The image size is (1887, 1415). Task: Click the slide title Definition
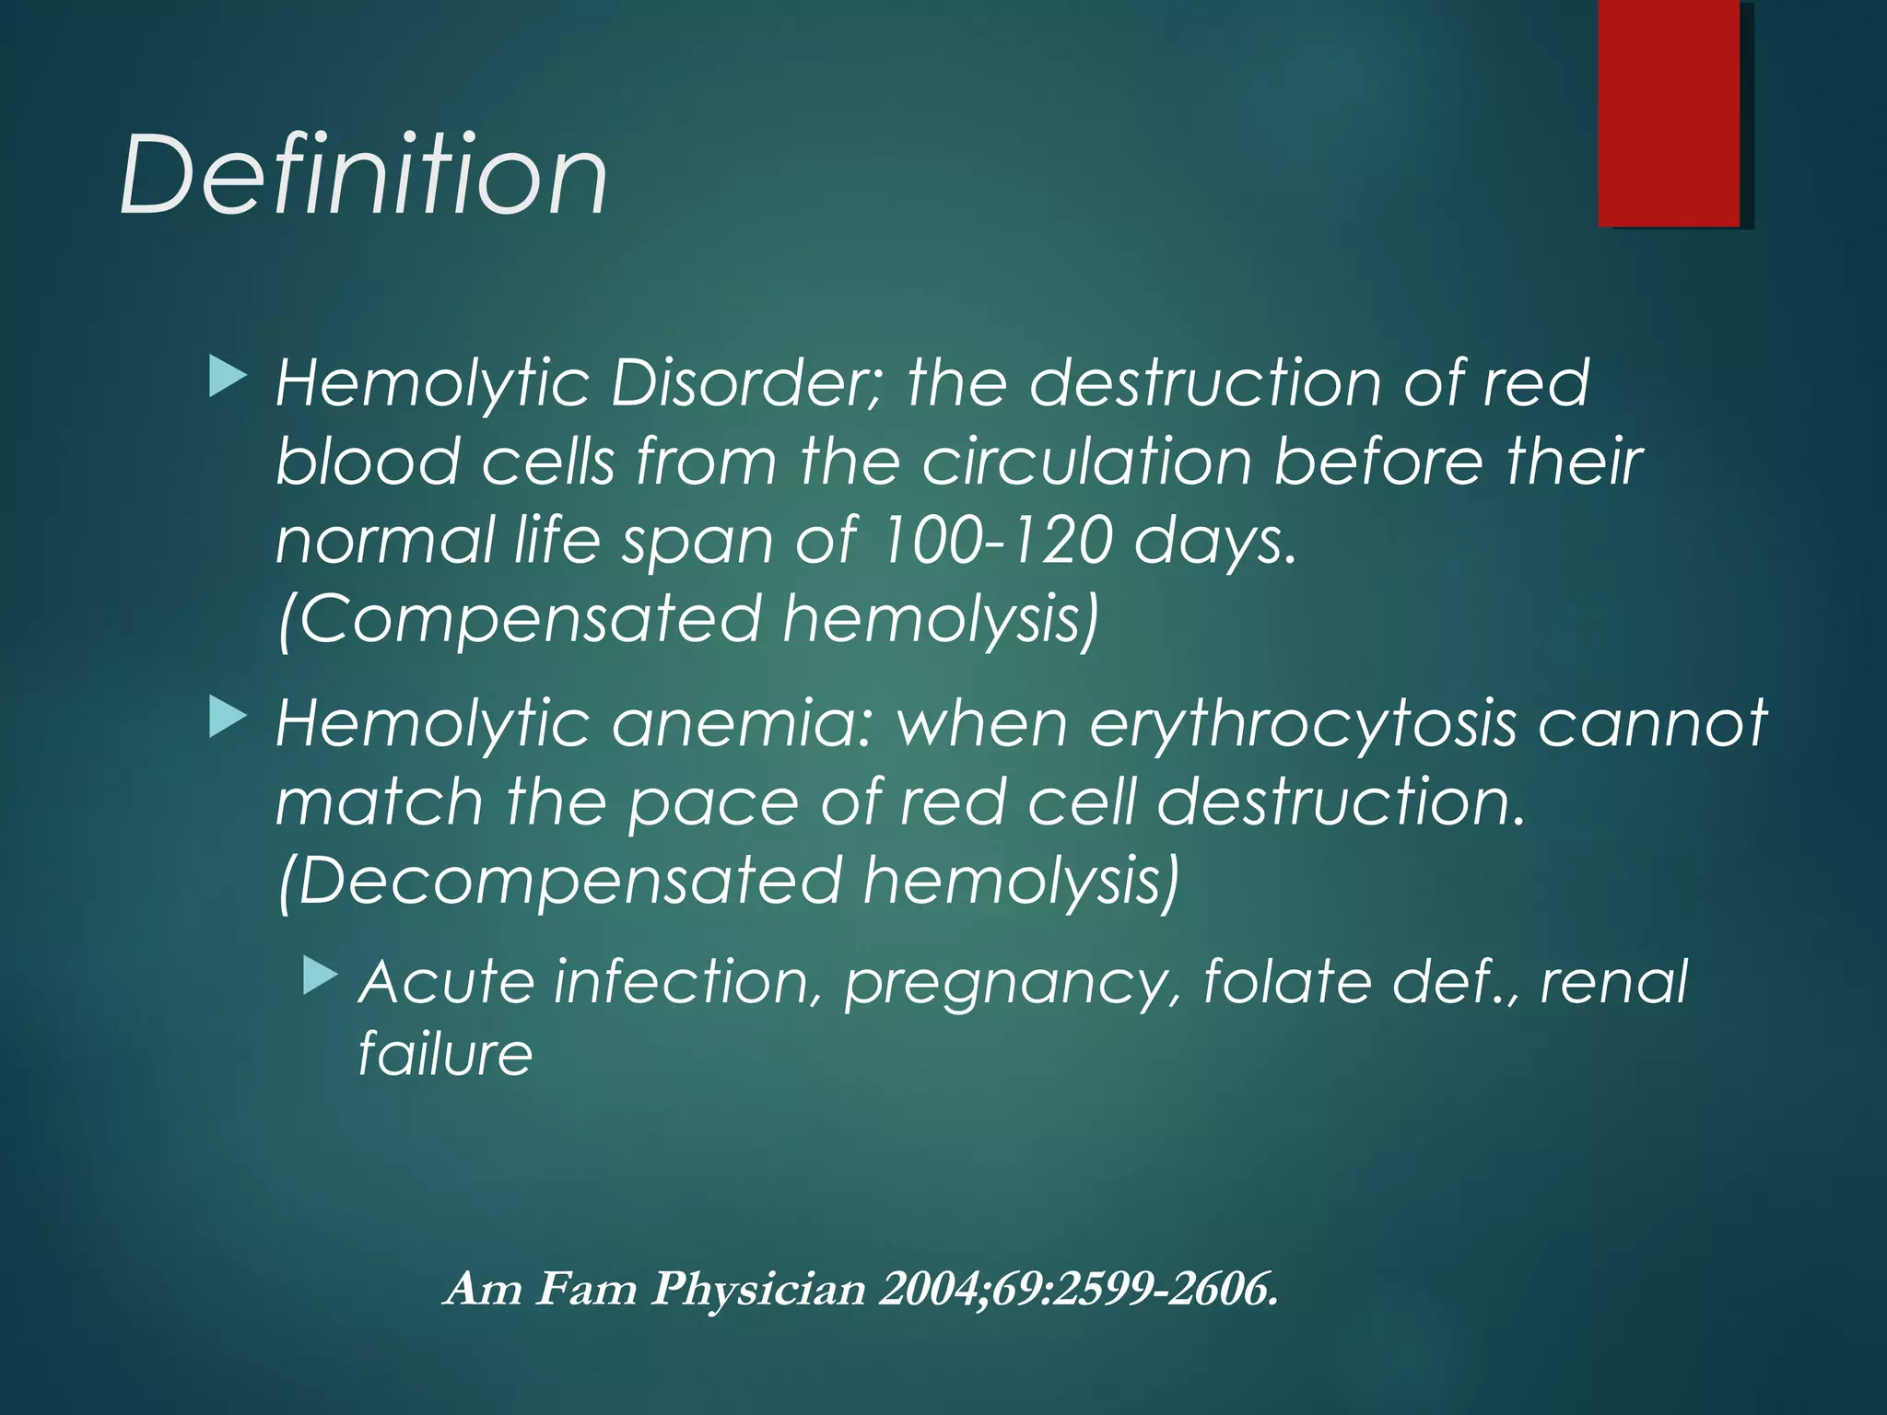coord(363,175)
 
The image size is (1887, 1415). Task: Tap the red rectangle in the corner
coord(1669,112)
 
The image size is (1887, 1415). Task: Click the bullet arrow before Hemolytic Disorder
coord(228,379)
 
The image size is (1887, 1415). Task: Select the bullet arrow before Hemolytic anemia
coord(228,719)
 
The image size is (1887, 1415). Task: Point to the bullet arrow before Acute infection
coord(320,976)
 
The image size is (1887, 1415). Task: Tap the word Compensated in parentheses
coord(529,618)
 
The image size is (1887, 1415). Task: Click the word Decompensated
coord(569,881)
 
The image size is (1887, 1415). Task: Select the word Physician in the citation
coord(758,1288)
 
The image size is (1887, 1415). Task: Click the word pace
coord(712,802)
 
